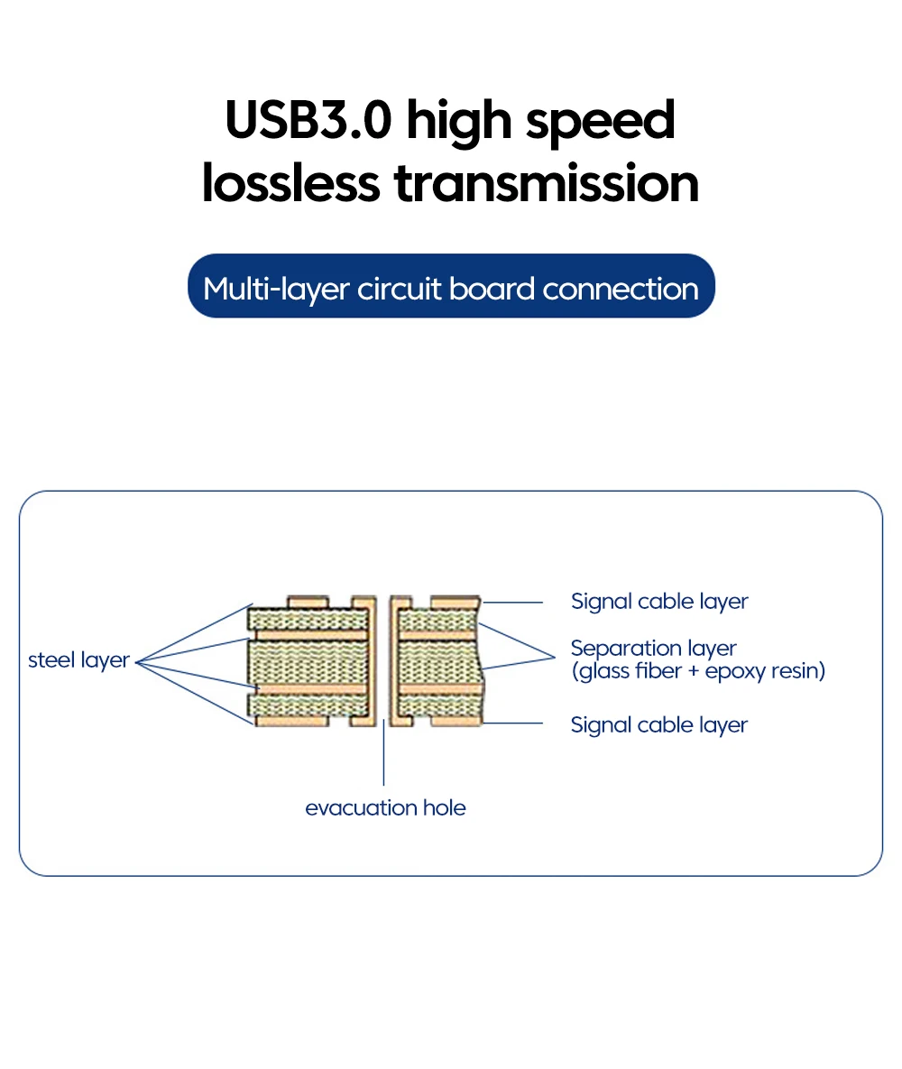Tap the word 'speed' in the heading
point(601,122)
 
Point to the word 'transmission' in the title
point(547,183)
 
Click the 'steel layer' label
point(79,659)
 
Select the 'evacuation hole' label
point(385,807)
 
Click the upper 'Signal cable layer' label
point(659,602)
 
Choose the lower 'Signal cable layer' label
point(659,725)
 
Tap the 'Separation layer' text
point(653,649)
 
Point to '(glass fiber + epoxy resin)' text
point(698,671)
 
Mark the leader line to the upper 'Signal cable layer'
point(512,602)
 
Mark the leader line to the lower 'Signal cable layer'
point(512,723)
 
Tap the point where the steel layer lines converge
point(138,661)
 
